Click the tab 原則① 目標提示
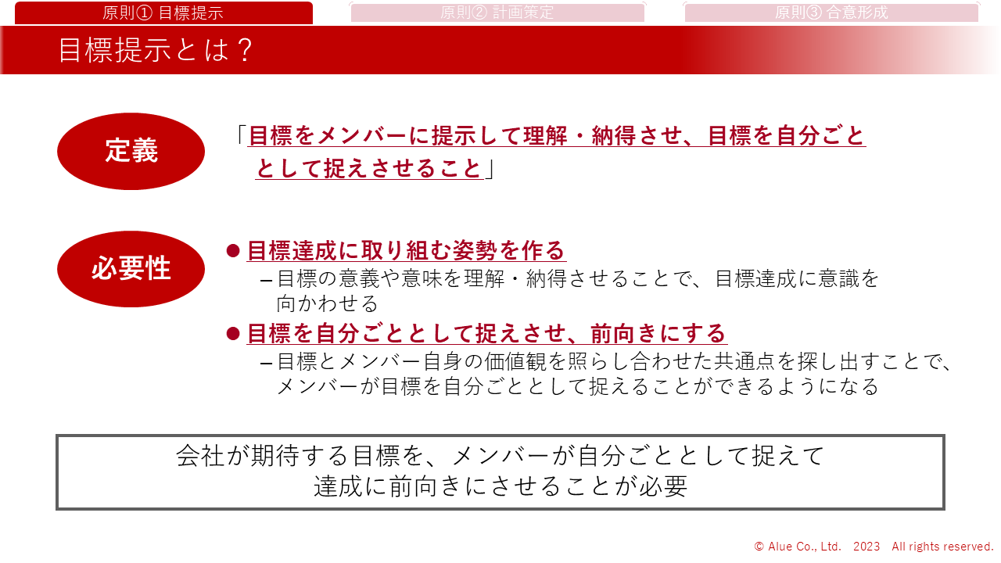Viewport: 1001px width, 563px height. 163,13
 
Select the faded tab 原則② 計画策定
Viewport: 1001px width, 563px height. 497,13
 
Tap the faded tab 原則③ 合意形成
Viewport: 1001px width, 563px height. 831,13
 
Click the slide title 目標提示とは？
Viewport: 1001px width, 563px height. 156,49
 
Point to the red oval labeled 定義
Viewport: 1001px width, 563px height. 131,151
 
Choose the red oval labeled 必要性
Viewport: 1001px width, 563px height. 131,269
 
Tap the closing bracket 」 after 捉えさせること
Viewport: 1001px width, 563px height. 490,169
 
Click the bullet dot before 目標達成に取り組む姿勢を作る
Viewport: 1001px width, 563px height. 233,251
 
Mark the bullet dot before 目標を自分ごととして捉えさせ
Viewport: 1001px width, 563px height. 233,333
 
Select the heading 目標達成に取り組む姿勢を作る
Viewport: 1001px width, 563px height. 406,250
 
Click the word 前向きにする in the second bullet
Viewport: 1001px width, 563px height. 658,333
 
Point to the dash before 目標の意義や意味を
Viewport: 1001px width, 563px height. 266,281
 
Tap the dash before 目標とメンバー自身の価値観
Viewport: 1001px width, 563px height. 266,364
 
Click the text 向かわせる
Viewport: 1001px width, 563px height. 328,304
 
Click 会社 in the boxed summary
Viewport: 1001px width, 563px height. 199,456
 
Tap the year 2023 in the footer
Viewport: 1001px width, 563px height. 866,547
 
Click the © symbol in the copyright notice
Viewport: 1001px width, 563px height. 759,547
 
